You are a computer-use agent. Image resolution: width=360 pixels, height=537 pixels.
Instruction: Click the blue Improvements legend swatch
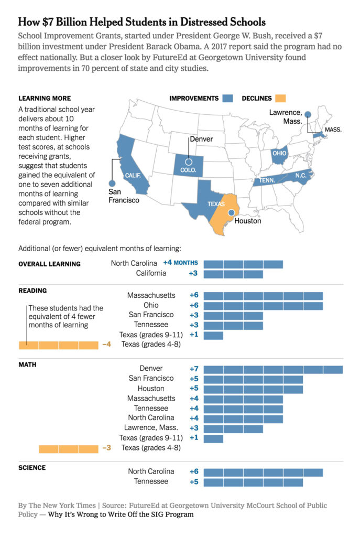[227, 99]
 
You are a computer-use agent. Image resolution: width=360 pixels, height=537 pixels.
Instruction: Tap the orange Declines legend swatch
[280, 99]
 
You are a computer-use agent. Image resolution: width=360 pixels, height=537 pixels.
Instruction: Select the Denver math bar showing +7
[273, 370]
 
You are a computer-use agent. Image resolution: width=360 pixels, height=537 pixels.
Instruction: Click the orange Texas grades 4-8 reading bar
[58, 345]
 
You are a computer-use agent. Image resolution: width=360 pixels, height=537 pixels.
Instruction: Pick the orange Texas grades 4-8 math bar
[68, 449]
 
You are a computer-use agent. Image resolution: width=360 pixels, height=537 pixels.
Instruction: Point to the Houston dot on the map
[230, 213]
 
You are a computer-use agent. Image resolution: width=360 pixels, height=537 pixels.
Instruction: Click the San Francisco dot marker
[111, 183]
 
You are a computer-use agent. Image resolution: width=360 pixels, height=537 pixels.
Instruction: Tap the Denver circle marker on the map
[189, 162]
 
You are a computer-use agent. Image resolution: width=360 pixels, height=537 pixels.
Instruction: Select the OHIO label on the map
[279, 154]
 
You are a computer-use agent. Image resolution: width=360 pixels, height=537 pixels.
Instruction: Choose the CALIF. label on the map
[133, 176]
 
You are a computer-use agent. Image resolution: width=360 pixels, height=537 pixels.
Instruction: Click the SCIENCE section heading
[32, 468]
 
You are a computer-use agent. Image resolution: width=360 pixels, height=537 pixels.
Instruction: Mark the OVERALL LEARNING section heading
[49, 264]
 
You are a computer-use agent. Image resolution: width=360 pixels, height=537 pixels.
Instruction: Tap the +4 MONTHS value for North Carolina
[180, 263]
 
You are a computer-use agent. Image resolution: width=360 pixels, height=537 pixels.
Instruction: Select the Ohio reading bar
[263, 306]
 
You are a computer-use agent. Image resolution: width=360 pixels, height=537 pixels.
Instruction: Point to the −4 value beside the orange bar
[107, 345]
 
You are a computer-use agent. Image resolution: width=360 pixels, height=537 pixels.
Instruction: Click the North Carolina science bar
[263, 472]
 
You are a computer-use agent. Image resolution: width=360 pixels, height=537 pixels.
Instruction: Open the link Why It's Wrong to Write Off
[121, 514]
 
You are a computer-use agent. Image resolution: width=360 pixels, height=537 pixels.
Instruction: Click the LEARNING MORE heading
[45, 98]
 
